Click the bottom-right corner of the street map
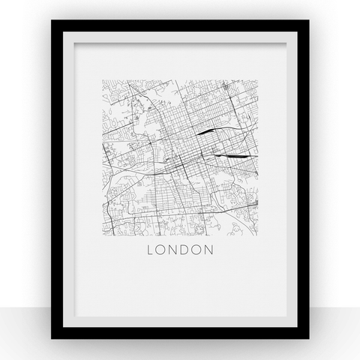pos(258,237)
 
